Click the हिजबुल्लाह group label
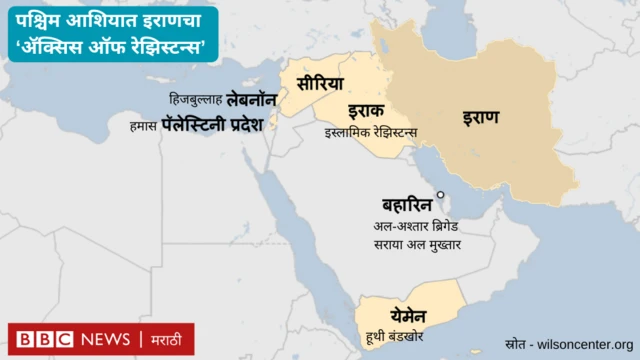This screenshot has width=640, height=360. pyautogui.click(x=196, y=101)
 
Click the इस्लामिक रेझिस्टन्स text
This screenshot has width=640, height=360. pyautogui.click(x=371, y=132)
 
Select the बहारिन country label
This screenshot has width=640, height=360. pyautogui.click(x=405, y=201)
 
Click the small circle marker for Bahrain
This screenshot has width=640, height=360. pyautogui.click(x=439, y=195)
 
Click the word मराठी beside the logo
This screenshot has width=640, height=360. pyautogui.click(x=167, y=339)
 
